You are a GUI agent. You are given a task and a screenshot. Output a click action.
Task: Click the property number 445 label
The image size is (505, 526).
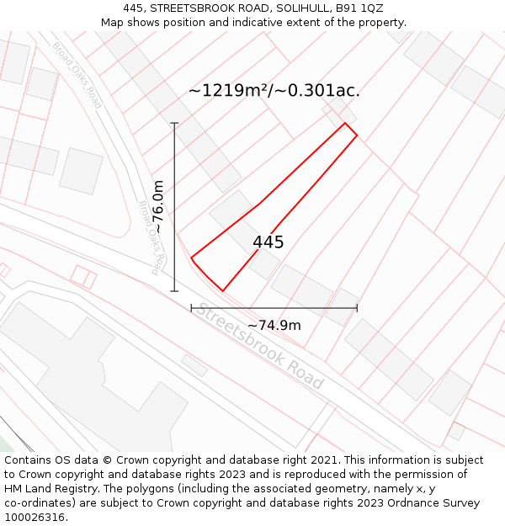coord(268,242)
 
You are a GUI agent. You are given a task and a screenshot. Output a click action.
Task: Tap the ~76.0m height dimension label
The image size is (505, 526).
coord(157,207)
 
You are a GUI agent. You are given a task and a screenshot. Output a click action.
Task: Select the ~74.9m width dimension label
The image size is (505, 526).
coord(274,326)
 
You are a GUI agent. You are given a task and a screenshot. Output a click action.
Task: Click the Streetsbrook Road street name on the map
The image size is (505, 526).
coord(260,345)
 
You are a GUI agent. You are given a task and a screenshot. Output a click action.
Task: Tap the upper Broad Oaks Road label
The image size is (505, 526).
coord(77,75)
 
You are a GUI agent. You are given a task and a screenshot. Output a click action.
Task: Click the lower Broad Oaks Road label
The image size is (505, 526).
coord(149,237)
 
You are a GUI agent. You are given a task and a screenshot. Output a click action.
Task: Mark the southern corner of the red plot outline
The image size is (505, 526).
coord(222,291)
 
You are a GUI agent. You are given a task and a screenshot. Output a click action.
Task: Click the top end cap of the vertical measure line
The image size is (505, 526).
coord(175,124)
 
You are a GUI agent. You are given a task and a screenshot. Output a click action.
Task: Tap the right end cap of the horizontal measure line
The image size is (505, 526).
coord(357,308)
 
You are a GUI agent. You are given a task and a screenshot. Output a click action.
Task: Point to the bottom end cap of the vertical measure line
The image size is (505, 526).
coord(175,291)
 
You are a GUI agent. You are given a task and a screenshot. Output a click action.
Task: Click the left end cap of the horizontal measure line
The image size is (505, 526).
coord(192,308)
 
